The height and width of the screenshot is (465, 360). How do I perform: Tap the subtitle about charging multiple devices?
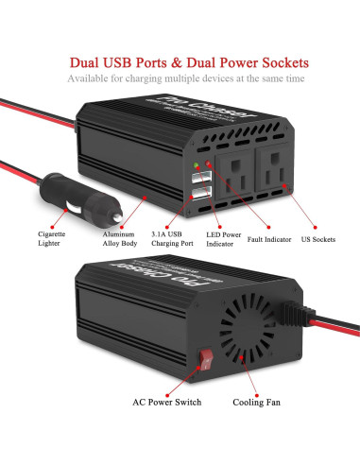180,78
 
